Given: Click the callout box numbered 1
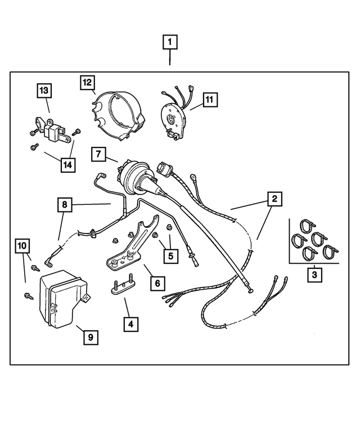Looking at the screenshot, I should click(170, 42).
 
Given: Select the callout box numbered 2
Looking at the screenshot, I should click(274, 199).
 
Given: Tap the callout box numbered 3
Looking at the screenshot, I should click(314, 275).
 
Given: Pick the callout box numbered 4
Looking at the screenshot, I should click(130, 324).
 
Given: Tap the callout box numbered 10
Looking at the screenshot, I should click(22, 246).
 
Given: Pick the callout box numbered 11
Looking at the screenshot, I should click(209, 100).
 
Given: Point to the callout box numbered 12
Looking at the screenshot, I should click(87, 83).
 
